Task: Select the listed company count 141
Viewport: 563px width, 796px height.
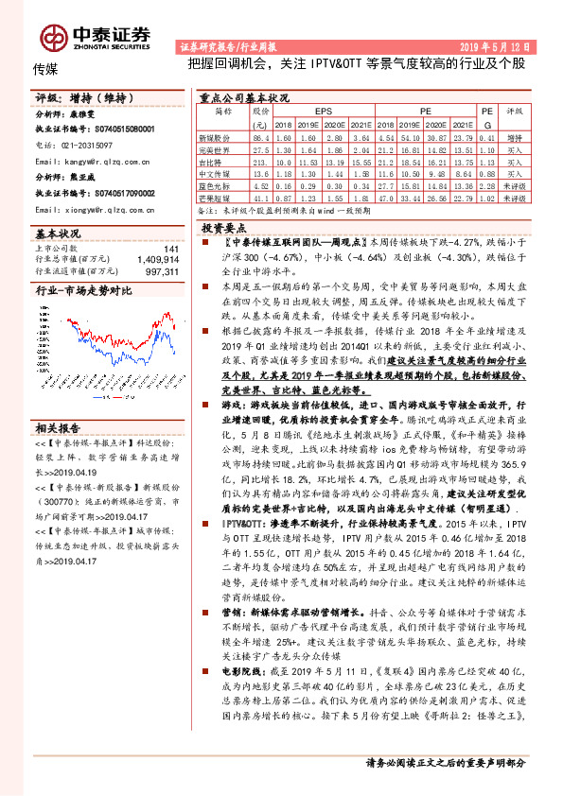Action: click(x=170, y=249)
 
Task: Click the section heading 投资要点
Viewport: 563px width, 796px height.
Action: click(x=224, y=228)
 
